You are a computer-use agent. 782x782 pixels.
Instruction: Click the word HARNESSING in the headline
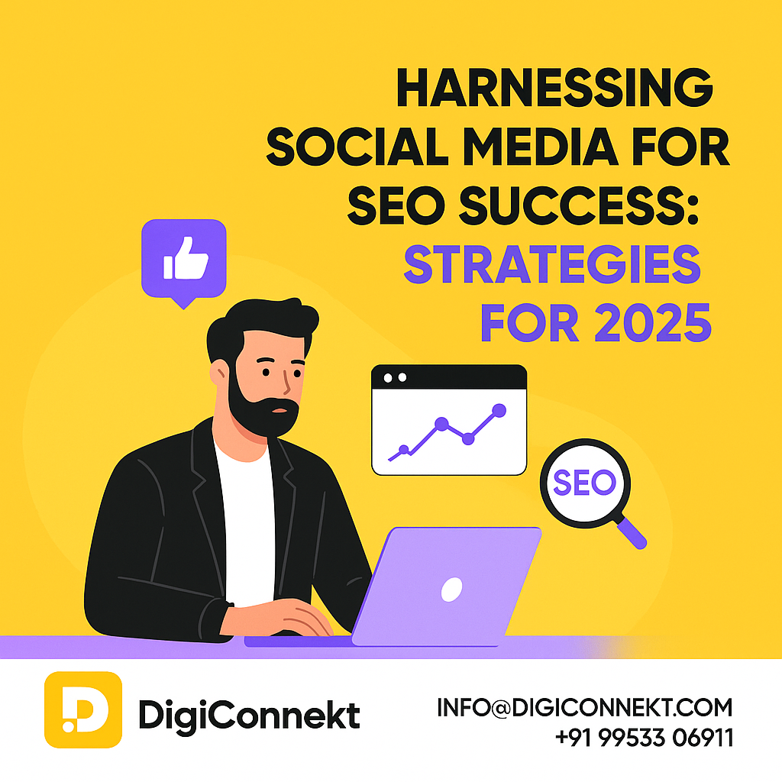[554, 88]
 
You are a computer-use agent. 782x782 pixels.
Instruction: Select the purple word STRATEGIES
[552, 264]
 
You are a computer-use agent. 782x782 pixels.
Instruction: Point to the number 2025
[653, 323]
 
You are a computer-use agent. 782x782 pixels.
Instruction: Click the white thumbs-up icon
[185, 258]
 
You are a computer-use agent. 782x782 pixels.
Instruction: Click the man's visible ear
[218, 373]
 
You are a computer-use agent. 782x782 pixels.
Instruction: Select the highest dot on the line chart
[499, 410]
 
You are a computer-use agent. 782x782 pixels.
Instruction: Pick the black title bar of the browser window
[449, 377]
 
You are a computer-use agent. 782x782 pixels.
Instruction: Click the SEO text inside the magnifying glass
[584, 483]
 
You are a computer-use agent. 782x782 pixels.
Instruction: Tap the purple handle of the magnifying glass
[632, 533]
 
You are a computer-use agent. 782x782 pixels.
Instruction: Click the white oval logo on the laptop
[452, 589]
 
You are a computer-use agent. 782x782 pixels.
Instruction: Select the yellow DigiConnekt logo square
[83, 709]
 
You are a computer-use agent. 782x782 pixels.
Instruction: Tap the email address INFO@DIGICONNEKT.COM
[585, 707]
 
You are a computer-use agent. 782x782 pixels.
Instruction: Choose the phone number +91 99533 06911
[644, 737]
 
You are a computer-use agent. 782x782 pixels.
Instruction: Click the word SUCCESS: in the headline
[579, 206]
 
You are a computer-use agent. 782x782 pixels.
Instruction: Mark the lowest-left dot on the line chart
[404, 449]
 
